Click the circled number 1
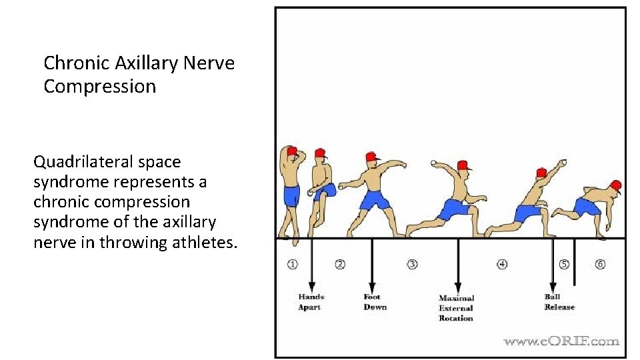[293, 264]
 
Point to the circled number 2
[340, 264]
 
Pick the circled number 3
[413, 264]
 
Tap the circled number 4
[502, 264]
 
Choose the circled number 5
[564, 264]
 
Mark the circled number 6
[600, 264]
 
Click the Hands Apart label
[311, 302]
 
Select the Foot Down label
[375, 302]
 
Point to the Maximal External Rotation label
[456, 308]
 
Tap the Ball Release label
[559, 302]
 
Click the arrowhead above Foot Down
[372, 285]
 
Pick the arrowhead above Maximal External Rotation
[457, 286]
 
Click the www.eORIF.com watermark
[561, 341]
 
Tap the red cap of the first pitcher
[291, 151]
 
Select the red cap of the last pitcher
[616, 185]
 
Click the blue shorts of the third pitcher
[375, 200]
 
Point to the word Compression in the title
[100, 87]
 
